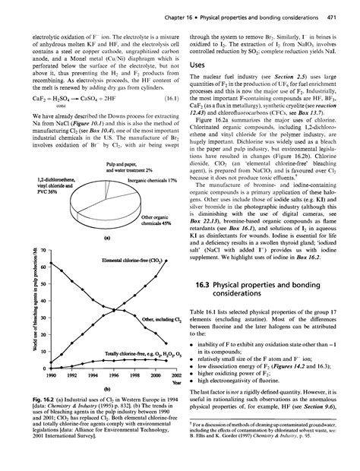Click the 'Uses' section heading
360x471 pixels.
(x=199, y=68)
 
